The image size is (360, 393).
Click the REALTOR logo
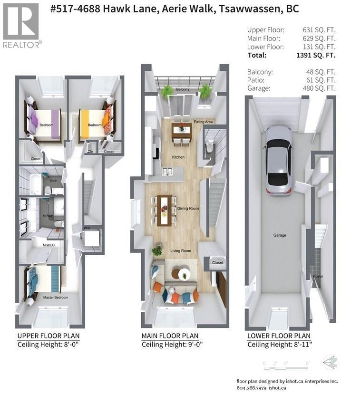(x=21, y=26)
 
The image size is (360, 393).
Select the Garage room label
(x=280, y=235)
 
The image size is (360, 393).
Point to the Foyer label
(x=318, y=276)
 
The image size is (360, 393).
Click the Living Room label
(x=181, y=251)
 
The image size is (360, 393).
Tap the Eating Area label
(x=203, y=122)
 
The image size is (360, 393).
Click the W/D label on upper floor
(x=87, y=228)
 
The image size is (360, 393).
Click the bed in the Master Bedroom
(x=44, y=279)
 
